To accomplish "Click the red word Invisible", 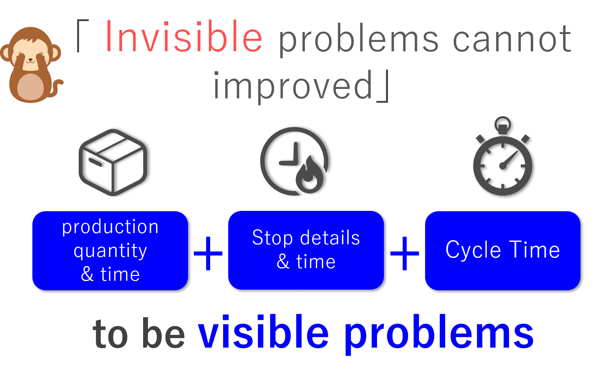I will coord(184,37).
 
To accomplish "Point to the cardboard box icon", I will coord(115,162).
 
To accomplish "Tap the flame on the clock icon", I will coord(311,177).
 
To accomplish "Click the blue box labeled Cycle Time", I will coord(503,250).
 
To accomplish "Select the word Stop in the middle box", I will coord(272,237).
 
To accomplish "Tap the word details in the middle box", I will coord(330,237).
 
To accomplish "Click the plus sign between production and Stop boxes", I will coord(208,253).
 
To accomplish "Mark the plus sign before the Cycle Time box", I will coord(405,253).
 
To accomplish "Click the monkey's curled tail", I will coord(58,87).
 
